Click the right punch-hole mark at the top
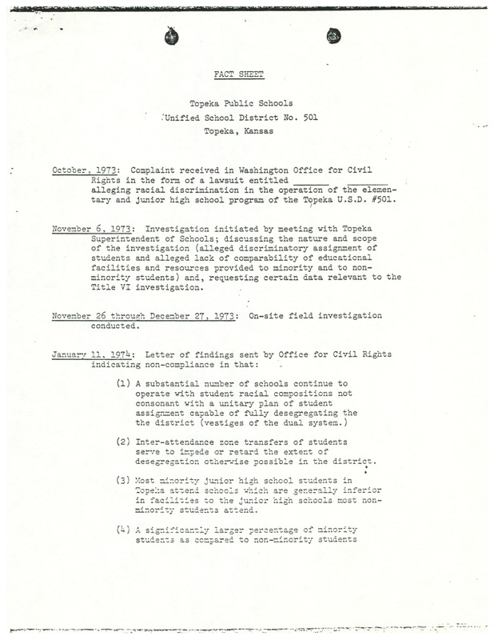pyautogui.click(x=335, y=35)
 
